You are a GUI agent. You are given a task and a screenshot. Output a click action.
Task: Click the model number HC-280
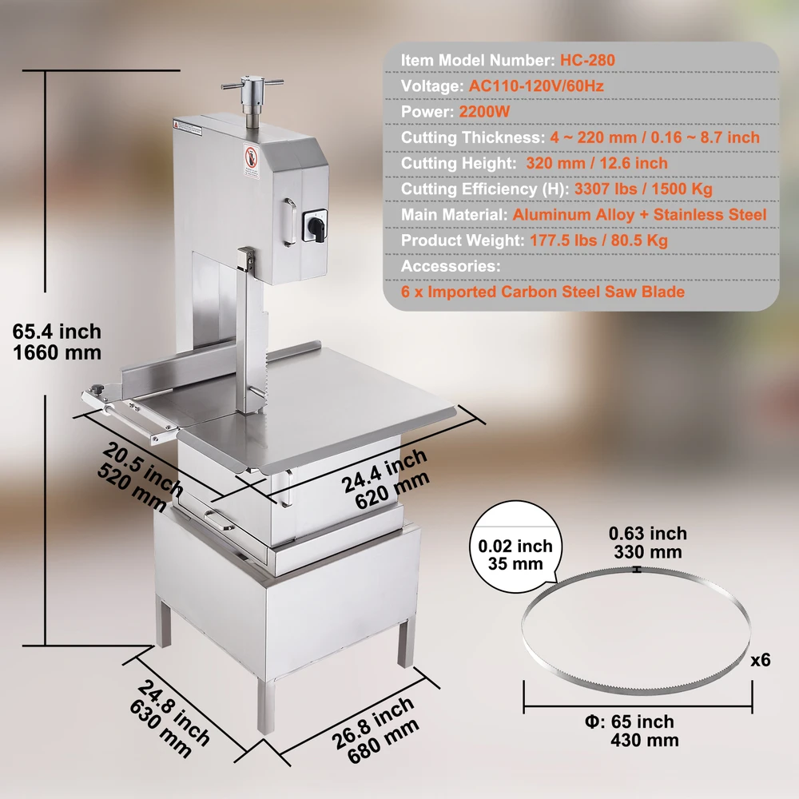click(587, 60)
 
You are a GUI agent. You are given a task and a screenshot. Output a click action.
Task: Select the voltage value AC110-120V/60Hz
click(536, 85)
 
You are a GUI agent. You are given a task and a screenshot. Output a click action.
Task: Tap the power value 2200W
click(484, 112)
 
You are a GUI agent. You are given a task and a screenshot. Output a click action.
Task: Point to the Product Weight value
click(598, 240)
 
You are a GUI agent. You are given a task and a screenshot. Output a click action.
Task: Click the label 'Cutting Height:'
click(459, 163)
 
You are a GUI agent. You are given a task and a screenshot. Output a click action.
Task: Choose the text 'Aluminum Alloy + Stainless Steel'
click(639, 214)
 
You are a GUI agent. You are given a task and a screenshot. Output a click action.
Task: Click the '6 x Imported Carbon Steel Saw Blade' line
click(543, 292)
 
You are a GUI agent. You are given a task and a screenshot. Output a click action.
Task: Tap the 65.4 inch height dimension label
click(57, 332)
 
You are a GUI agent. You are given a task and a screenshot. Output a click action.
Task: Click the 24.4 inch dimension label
click(384, 471)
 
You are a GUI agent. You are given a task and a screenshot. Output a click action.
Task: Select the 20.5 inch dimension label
click(143, 469)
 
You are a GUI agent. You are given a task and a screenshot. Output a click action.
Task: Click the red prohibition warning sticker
click(251, 159)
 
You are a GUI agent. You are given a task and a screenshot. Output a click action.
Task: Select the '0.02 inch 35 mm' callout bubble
click(515, 547)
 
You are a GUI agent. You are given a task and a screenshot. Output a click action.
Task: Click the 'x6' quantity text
click(761, 660)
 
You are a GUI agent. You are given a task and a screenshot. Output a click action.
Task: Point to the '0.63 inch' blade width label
click(648, 533)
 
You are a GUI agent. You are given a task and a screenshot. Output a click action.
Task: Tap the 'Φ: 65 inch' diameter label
click(630, 721)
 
